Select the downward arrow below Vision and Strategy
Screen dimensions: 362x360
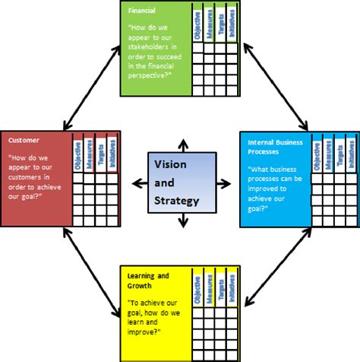182,220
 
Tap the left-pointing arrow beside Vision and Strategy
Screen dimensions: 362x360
137,183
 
